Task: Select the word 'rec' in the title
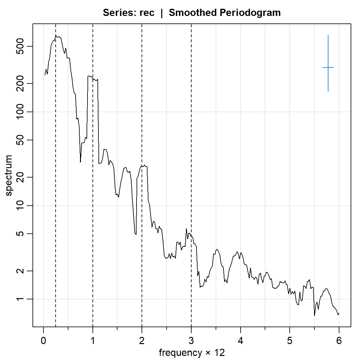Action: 147,13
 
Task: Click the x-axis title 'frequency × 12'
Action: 192,353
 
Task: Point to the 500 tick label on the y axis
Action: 20,46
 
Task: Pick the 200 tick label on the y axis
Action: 20,83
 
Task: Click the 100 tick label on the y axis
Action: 20,112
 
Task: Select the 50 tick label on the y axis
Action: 20,140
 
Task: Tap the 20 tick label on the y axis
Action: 20,177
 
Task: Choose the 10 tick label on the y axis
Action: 20,205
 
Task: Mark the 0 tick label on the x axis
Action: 43,341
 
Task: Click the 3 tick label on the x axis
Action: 191,341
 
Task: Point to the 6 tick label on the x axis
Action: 339,341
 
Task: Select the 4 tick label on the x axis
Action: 241,341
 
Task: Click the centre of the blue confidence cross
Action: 328,67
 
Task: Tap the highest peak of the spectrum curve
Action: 56,35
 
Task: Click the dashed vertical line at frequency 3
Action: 191,125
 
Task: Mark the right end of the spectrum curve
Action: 339,313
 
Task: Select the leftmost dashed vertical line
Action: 56,187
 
